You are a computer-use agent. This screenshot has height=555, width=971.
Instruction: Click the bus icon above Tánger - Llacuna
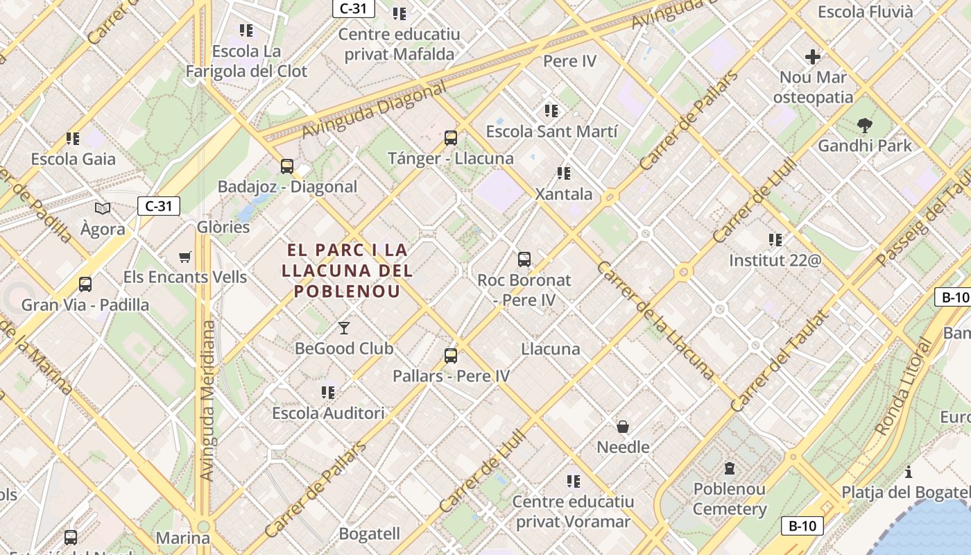coord(451,137)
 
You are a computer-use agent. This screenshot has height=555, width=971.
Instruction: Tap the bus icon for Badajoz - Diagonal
coord(287,166)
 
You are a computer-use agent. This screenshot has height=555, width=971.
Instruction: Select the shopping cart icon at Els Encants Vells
coord(184,257)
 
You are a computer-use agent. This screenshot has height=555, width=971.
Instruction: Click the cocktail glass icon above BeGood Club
coord(344,327)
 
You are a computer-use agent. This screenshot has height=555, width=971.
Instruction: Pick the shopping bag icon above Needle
coord(623,426)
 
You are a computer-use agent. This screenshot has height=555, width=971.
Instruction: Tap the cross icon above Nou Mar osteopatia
coord(813,57)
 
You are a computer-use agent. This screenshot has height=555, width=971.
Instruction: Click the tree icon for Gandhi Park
coord(864,126)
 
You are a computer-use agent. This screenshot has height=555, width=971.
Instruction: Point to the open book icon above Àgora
coord(103,208)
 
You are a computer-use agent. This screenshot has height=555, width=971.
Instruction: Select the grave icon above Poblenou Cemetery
coord(730,468)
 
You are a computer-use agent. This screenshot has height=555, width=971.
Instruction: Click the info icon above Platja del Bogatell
coord(909,472)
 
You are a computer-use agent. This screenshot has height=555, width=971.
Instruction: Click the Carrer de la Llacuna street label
coord(655,321)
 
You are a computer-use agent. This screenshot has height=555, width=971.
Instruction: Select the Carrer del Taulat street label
coord(780,361)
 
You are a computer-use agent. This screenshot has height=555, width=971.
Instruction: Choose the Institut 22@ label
coord(775,261)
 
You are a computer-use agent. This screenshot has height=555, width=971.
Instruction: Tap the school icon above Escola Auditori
coord(328,393)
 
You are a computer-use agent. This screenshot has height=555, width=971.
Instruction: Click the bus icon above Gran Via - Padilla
coord(85,284)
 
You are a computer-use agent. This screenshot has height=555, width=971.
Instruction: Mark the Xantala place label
coord(563,194)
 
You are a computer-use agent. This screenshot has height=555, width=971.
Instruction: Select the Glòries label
coord(223,227)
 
